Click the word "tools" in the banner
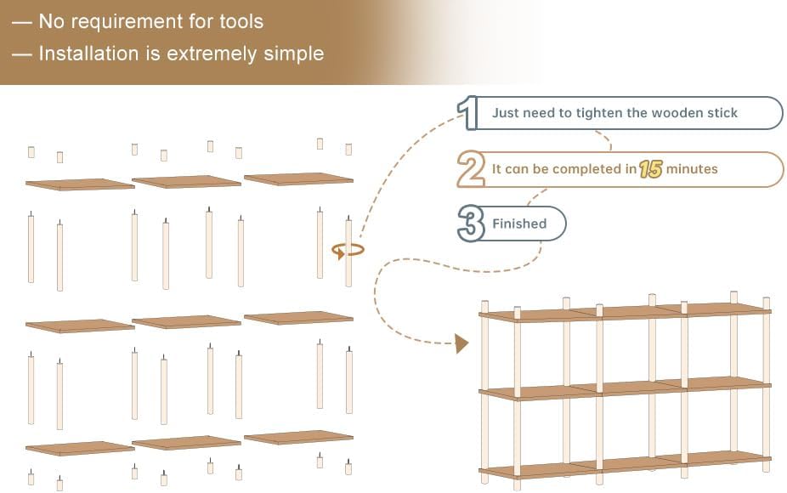pos(241,21)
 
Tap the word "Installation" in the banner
pos(88,54)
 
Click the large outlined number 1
pos(467,112)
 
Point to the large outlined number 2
pos(471,169)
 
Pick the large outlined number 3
pos(471,224)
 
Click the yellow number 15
pos(651,169)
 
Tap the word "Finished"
pos(519,224)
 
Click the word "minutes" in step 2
pos(692,168)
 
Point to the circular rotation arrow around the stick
pos(348,250)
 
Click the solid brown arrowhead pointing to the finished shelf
pos(461,344)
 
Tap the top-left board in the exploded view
pos(80,184)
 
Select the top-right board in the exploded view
pos(298,179)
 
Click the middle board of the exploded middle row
pos(186,321)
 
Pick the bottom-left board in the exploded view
pos(80,448)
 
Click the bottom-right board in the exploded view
pos(298,437)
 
